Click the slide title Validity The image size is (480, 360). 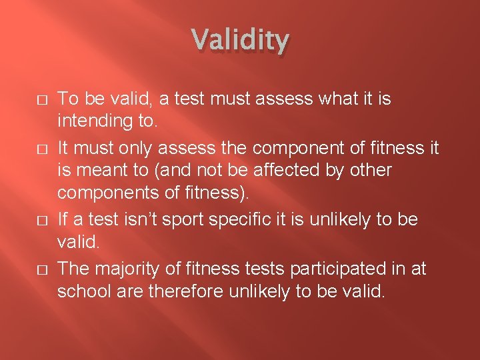(x=241, y=41)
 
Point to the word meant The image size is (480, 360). (x=112, y=171)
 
